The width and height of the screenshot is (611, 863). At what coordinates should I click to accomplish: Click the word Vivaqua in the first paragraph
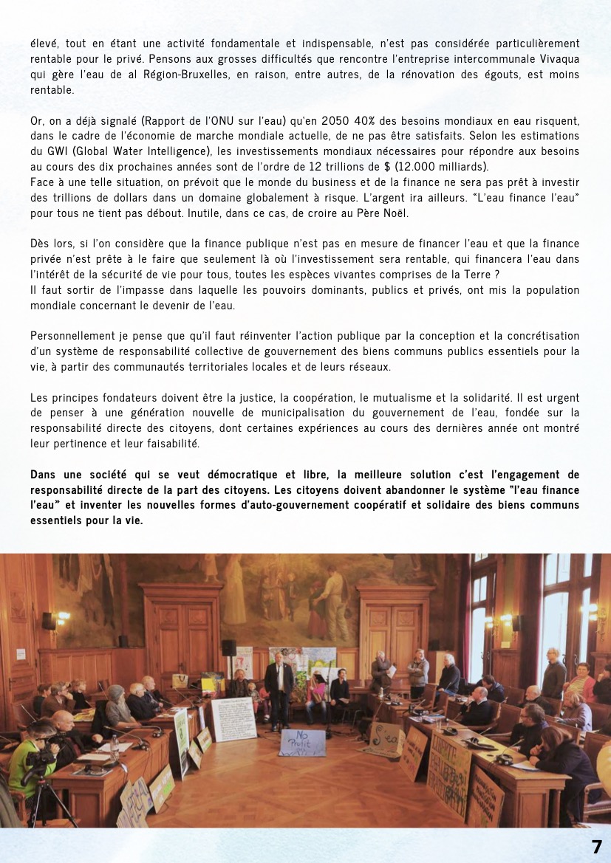(x=556, y=60)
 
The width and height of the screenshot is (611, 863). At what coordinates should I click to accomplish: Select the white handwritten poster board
(x=233, y=719)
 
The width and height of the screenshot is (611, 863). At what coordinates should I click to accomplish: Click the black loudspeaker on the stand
(x=229, y=647)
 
